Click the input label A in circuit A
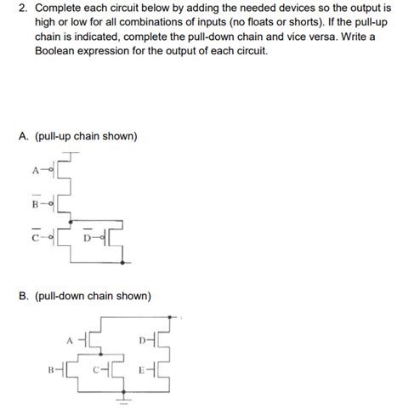click(36, 168)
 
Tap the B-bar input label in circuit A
click(36, 203)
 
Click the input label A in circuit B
click(69, 338)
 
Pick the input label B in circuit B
click(51, 370)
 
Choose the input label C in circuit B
click(96, 370)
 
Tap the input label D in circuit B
click(140, 339)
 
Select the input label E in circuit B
click(140, 370)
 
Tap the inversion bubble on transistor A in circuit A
click(50, 168)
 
